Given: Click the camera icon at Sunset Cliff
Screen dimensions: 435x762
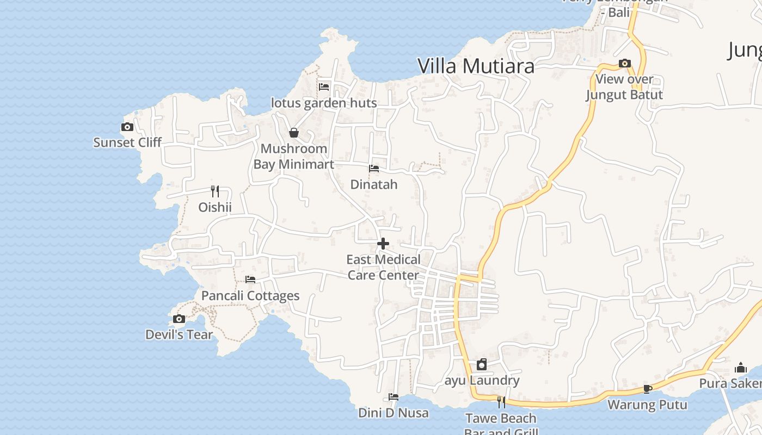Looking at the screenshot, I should [127, 127].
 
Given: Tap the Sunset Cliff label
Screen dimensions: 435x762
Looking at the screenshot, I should [127, 142].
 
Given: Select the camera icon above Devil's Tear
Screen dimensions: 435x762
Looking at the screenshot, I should [179, 319].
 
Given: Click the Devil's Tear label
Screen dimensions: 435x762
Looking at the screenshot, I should [179, 334].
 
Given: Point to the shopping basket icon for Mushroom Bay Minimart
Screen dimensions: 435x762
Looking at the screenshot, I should [294, 133].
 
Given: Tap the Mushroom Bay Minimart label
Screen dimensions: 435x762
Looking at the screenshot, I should [294, 156].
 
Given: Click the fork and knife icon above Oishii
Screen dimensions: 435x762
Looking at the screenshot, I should [215, 191].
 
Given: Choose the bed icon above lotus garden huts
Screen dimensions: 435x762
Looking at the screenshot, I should [324, 86].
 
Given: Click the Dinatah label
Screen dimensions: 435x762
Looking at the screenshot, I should [374, 184].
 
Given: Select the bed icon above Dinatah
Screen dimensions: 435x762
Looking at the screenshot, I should [374, 169].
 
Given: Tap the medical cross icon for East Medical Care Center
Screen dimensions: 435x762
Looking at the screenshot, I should [383, 244].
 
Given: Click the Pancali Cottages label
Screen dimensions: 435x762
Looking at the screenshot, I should [250, 296].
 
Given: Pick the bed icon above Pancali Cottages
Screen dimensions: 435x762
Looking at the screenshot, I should [250, 279].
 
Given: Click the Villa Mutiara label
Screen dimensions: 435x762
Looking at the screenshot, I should [476, 66].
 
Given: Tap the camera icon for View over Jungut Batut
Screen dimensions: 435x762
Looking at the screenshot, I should [624, 64].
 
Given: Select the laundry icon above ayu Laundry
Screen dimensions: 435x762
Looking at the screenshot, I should [482, 364].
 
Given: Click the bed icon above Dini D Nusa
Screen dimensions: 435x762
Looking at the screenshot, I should [394, 397].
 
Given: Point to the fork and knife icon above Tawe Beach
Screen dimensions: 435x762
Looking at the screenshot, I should [501, 402].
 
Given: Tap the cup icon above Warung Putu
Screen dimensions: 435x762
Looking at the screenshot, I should [647, 389].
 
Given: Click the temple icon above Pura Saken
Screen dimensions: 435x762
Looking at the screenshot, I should [740, 368].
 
